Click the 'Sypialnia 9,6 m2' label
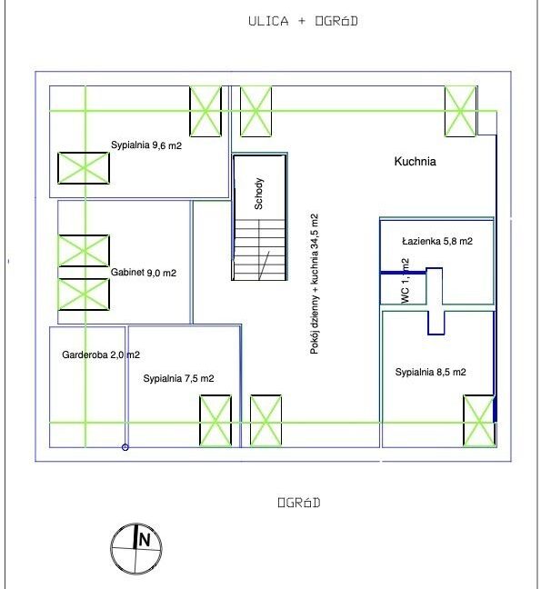tap(146, 145)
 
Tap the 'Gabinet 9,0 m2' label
tap(143, 273)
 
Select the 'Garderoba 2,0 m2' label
tap(101, 354)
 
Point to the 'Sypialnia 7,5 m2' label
tap(178, 378)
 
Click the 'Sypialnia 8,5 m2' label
tap(431, 373)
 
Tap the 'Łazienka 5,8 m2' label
tap(437, 241)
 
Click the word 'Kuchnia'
tap(416, 162)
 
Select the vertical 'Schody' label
tap(259, 194)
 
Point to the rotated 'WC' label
tap(406, 295)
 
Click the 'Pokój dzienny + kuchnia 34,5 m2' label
tap(315, 284)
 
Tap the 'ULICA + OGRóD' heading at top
tap(303, 21)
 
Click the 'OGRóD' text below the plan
tap(299, 503)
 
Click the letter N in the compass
tap(145, 540)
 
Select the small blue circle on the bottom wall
tap(125, 447)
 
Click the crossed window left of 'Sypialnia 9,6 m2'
tap(84, 168)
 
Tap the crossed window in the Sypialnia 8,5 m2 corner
tap(480, 421)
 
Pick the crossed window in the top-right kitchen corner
tap(461, 111)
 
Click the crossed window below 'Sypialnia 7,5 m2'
tap(215, 421)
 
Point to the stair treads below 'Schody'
tap(260, 250)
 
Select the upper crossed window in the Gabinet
tap(84, 251)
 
